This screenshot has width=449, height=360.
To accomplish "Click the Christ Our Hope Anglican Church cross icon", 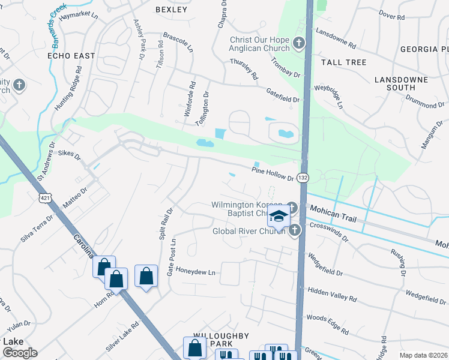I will click(299, 44).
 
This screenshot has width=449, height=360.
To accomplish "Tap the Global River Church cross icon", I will click(294, 230).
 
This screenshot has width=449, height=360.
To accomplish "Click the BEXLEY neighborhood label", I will click(171, 10).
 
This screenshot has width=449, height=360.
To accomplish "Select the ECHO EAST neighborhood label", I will click(71, 56).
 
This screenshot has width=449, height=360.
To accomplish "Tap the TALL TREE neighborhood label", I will click(343, 62).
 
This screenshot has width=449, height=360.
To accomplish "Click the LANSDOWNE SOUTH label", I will click(401, 83).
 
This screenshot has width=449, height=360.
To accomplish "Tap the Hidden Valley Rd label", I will click(332, 293).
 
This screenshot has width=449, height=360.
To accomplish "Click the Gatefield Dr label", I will click(282, 94).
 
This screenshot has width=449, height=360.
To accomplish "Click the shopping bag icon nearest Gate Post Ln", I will click(146, 277).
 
